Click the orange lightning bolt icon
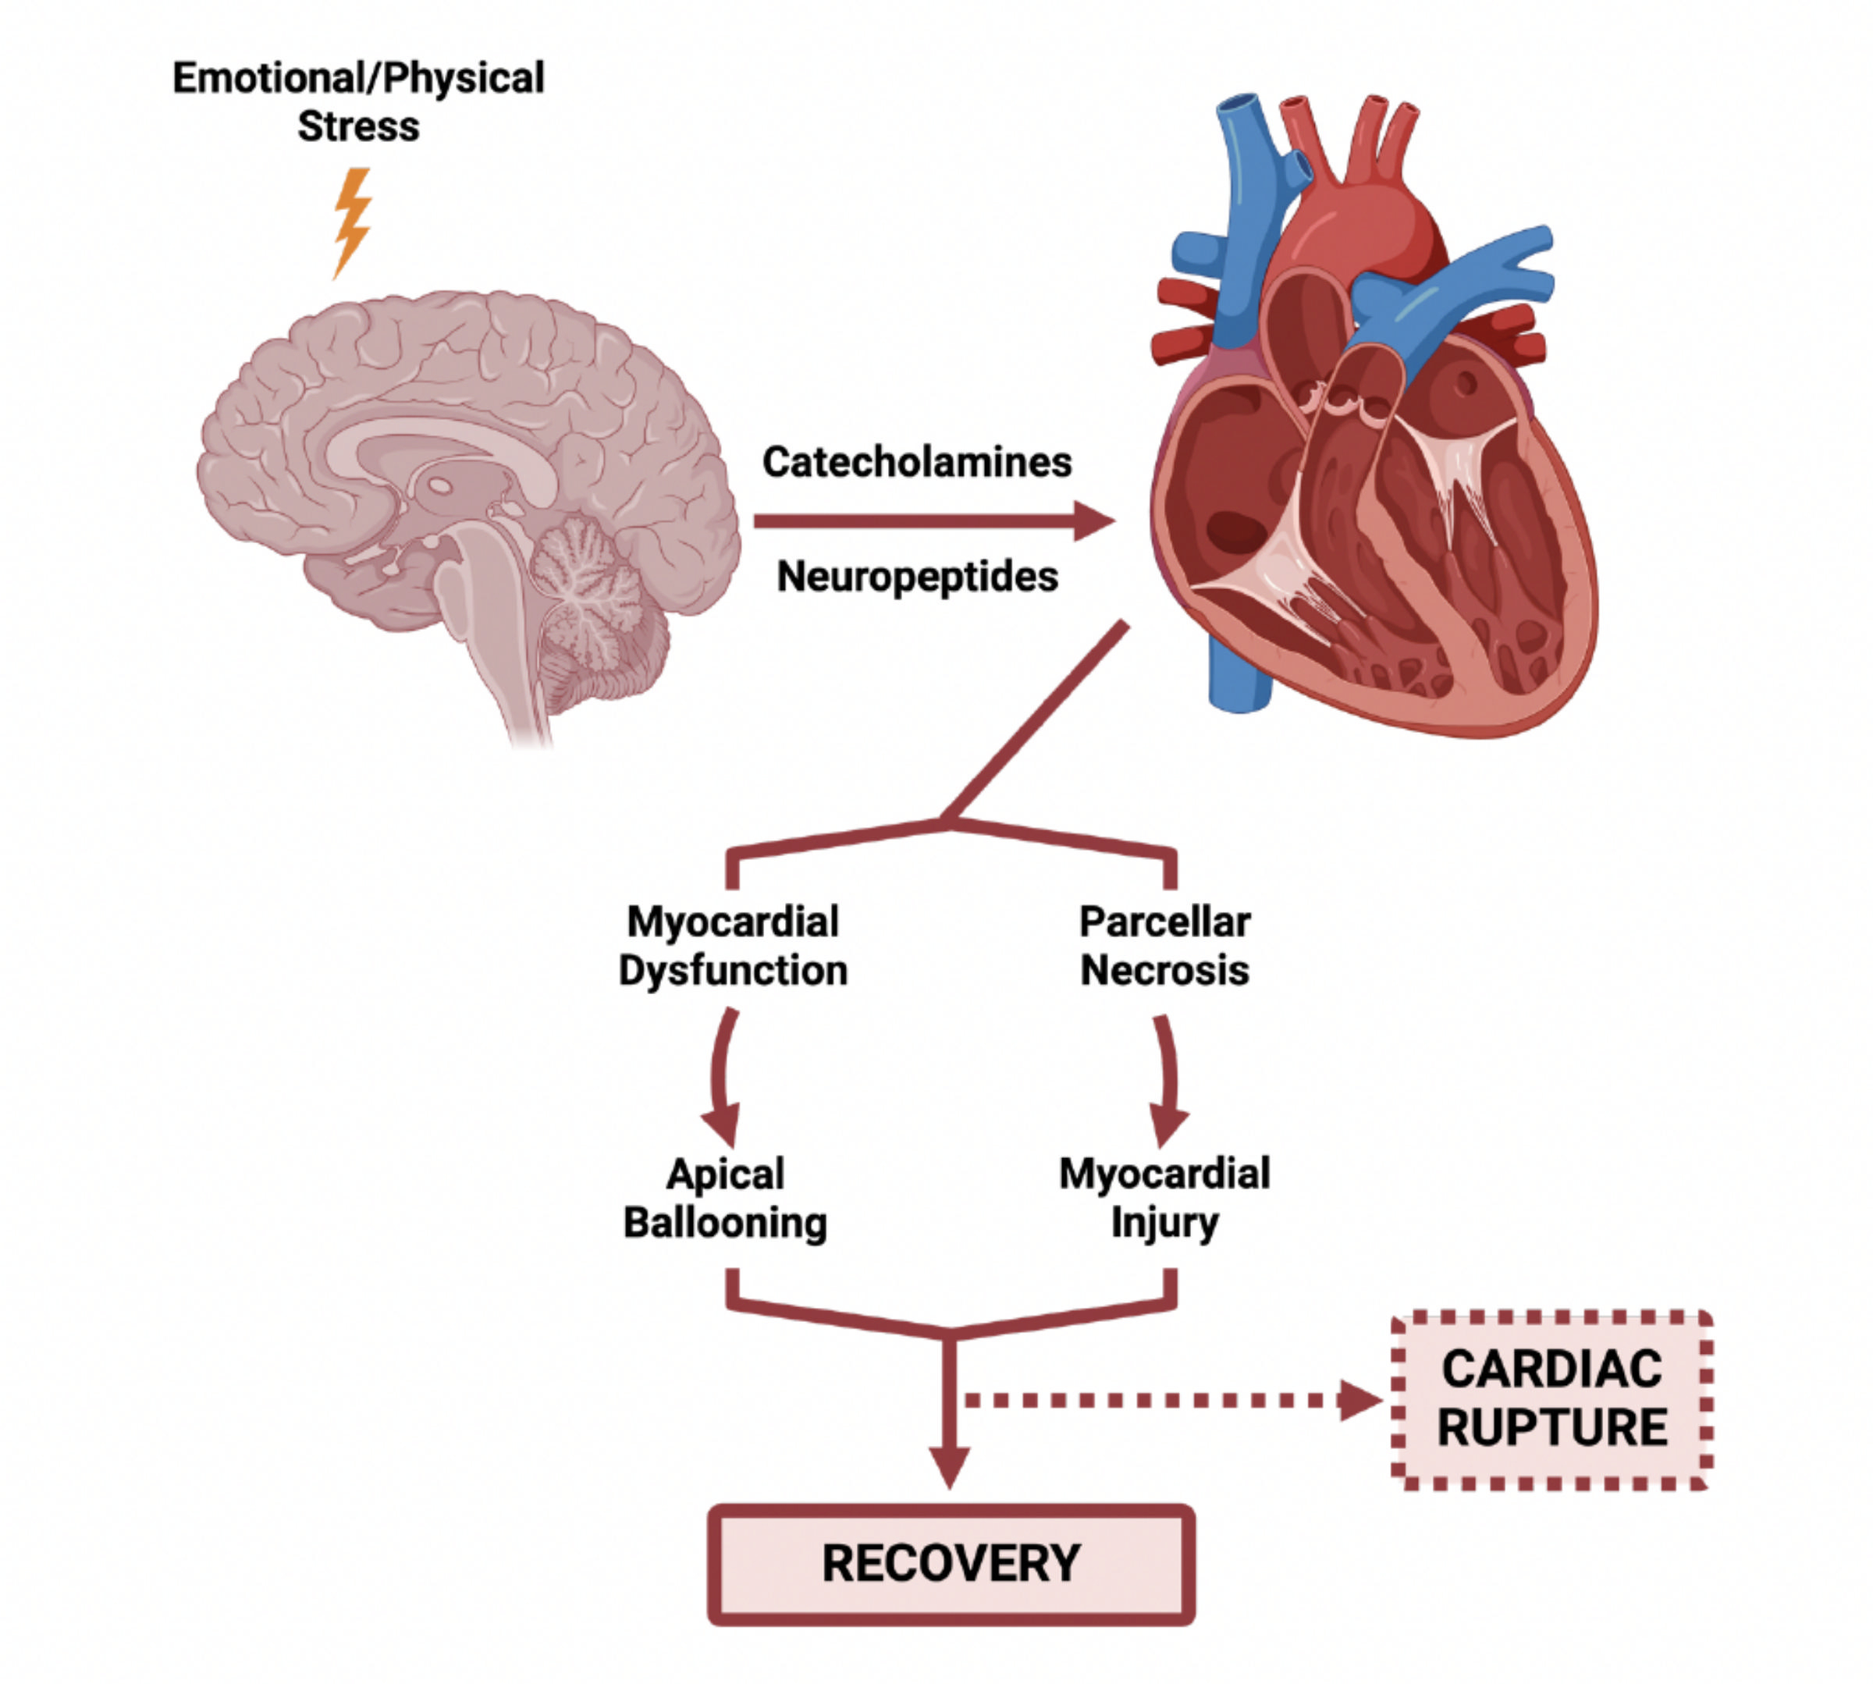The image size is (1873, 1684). pos(352,222)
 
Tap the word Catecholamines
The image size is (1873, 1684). pos(916,462)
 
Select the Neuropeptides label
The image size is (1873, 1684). pos(916,577)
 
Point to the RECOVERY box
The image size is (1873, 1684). pos(951,1564)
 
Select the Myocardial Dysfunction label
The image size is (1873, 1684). pos(733,946)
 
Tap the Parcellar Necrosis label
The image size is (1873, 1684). pos(1164,946)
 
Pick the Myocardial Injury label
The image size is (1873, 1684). pos(1164,1199)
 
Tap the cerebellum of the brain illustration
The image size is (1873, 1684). pos(592,592)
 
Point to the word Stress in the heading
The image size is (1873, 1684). pos(358,126)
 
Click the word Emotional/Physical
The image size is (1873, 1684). pos(358,78)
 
